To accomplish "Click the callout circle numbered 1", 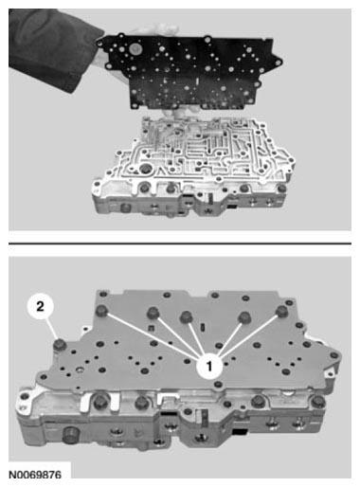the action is pyautogui.click(x=208, y=366).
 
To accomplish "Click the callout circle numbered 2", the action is pyautogui.click(x=40, y=306).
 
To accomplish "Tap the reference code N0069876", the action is pyautogui.click(x=35, y=475).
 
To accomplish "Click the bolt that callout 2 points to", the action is pyautogui.click(x=60, y=345).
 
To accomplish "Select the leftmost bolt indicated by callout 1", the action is pyautogui.click(x=102, y=311).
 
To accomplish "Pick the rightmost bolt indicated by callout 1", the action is pyautogui.click(x=281, y=311).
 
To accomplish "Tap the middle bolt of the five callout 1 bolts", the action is pyautogui.click(x=186, y=316).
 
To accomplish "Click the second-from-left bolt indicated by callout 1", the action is pyautogui.click(x=153, y=312).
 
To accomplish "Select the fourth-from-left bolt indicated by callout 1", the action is pyautogui.click(x=244, y=317).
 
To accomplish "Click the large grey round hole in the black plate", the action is pyautogui.click(x=135, y=49).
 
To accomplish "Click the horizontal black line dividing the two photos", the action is pyautogui.click(x=180, y=243).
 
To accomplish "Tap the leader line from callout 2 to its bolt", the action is pyautogui.click(x=52, y=329).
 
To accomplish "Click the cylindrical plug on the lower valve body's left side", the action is pyautogui.click(x=70, y=436).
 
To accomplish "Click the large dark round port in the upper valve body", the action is pyautogui.click(x=146, y=169).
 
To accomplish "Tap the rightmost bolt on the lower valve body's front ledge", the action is pyautogui.click(x=317, y=402).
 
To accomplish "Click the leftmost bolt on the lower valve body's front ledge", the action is pyautogui.click(x=100, y=402).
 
